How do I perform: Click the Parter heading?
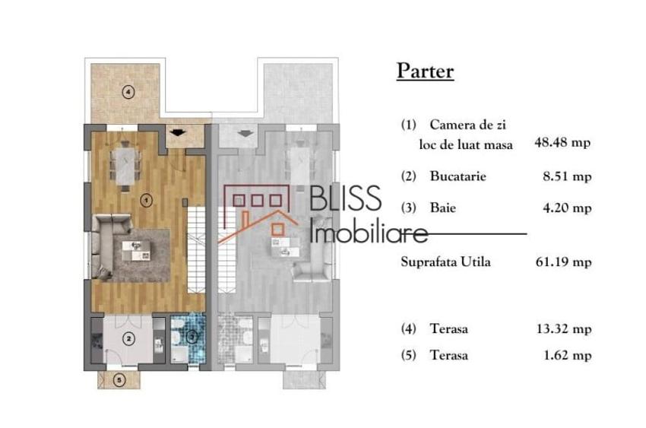[425, 71]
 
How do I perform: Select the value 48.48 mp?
[564, 142]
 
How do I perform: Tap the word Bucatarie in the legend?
[457, 176]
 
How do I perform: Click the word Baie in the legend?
[443, 207]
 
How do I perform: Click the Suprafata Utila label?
[445, 262]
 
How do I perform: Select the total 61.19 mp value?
[564, 262]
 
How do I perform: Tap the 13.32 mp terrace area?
[564, 329]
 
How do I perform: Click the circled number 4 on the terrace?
[129, 93]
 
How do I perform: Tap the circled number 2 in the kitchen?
[129, 338]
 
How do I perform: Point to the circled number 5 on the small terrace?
[119, 380]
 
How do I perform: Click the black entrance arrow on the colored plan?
[178, 133]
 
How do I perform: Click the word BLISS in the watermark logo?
[346, 199]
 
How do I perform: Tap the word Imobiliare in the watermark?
[369, 229]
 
